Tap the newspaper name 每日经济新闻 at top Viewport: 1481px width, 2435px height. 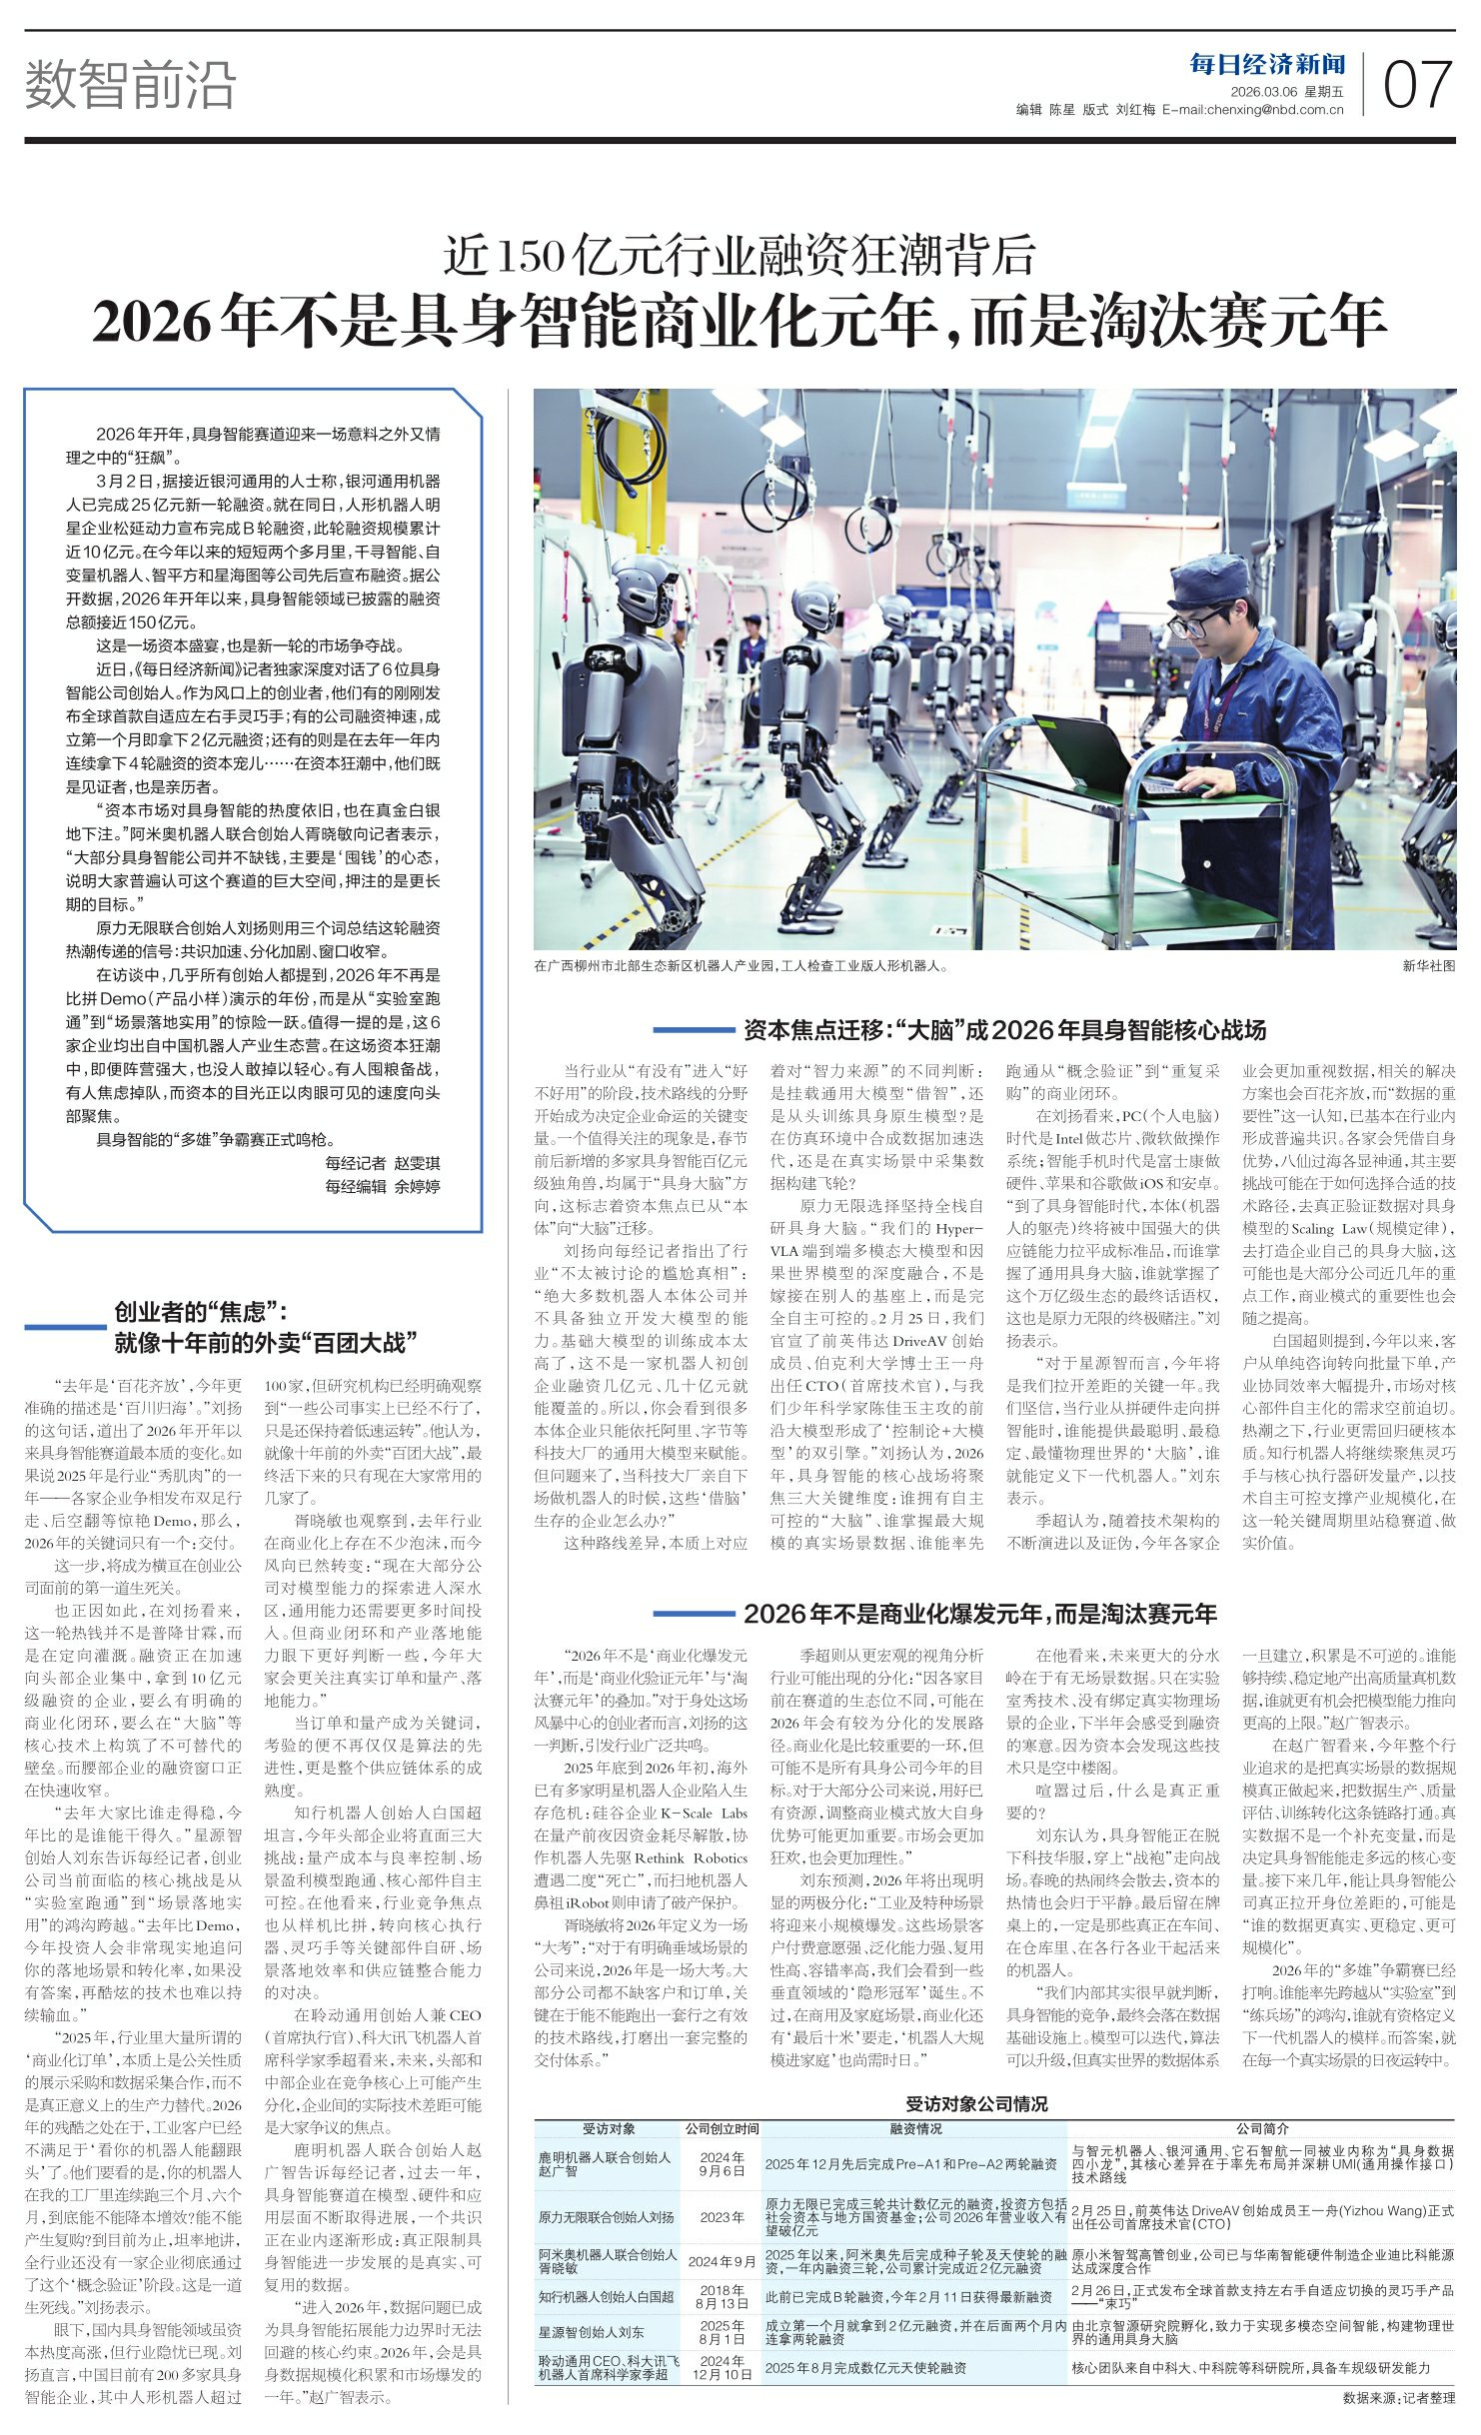click(x=1267, y=66)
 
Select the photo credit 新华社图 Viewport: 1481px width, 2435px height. click(x=1428, y=966)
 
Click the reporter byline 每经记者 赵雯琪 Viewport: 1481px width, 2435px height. click(x=383, y=1163)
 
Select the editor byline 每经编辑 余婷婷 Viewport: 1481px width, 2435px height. click(x=383, y=1186)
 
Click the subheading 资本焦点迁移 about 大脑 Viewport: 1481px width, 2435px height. click(x=1003, y=1030)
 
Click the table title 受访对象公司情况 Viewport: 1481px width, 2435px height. click(x=976, y=2099)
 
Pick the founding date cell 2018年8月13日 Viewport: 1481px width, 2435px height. click(x=722, y=2296)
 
